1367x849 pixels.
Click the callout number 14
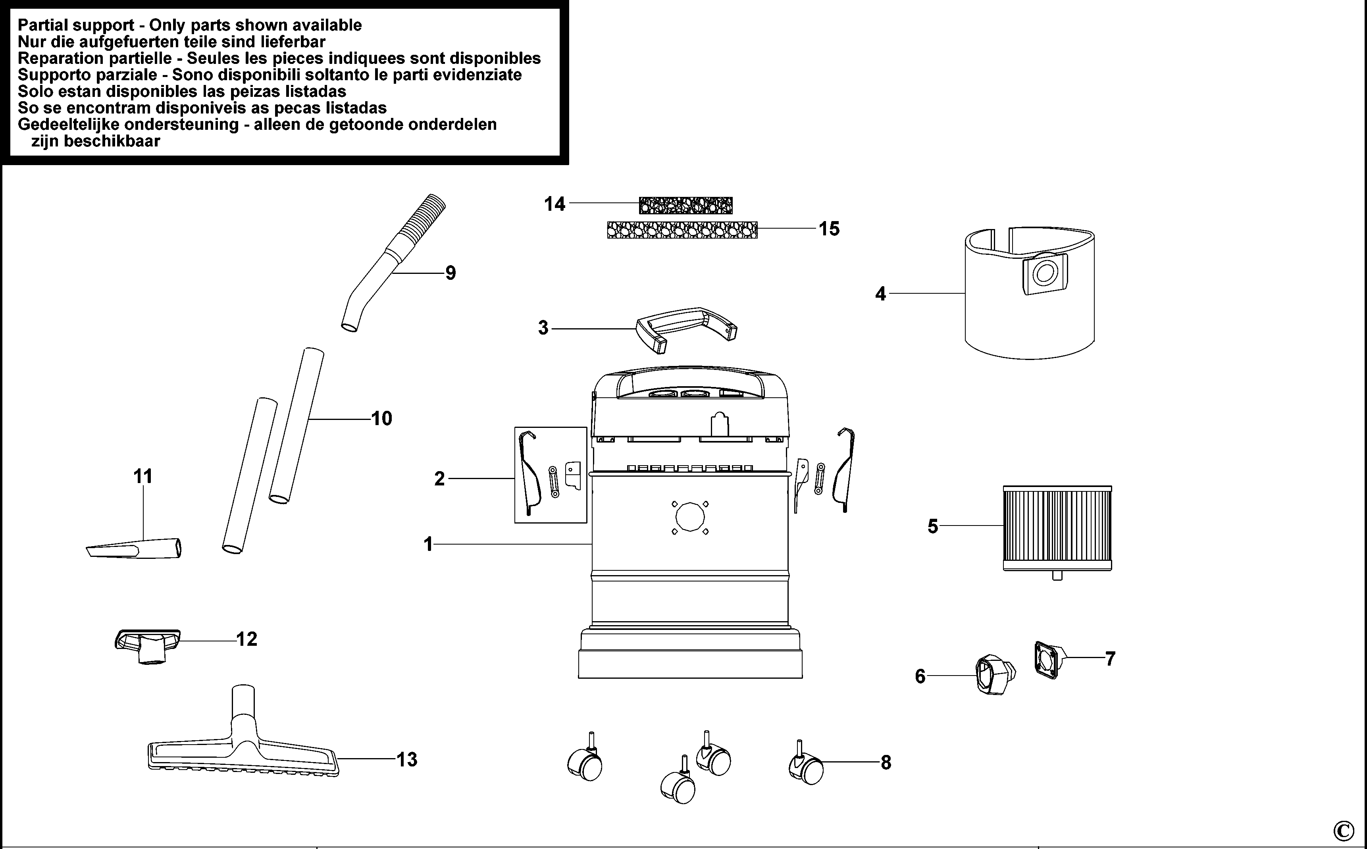tap(555, 204)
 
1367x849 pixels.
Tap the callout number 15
tap(829, 229)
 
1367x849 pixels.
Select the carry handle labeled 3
tap(686, 329)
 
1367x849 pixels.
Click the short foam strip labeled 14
tap(685, 206)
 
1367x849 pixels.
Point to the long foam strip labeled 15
tap(682, 230)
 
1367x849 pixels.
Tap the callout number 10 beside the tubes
tap(382, 418)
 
